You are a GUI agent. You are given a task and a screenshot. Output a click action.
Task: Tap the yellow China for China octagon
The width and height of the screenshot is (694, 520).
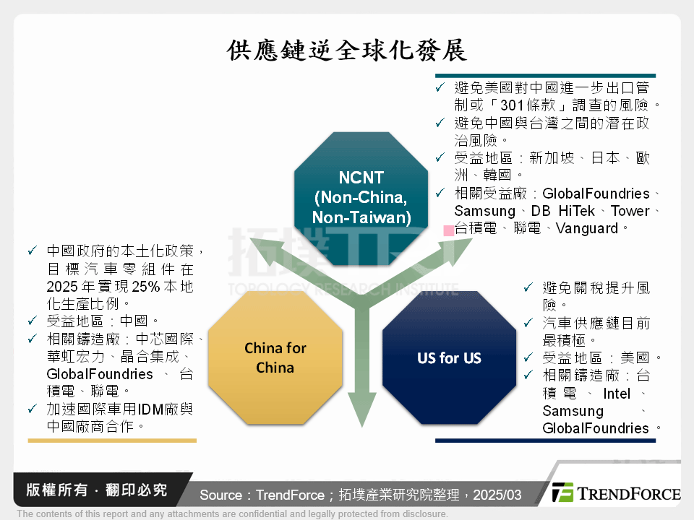click(275, 357)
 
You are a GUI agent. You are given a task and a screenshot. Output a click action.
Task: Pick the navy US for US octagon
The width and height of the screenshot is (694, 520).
click(449, 357)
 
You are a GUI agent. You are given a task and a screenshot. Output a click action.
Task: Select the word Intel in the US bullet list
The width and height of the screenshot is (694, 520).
click(617, 394)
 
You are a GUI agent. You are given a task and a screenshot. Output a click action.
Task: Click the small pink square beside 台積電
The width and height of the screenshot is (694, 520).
click(448, 230)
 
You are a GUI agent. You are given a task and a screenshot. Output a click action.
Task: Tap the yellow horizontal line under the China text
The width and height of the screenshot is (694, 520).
click(111, 440)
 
